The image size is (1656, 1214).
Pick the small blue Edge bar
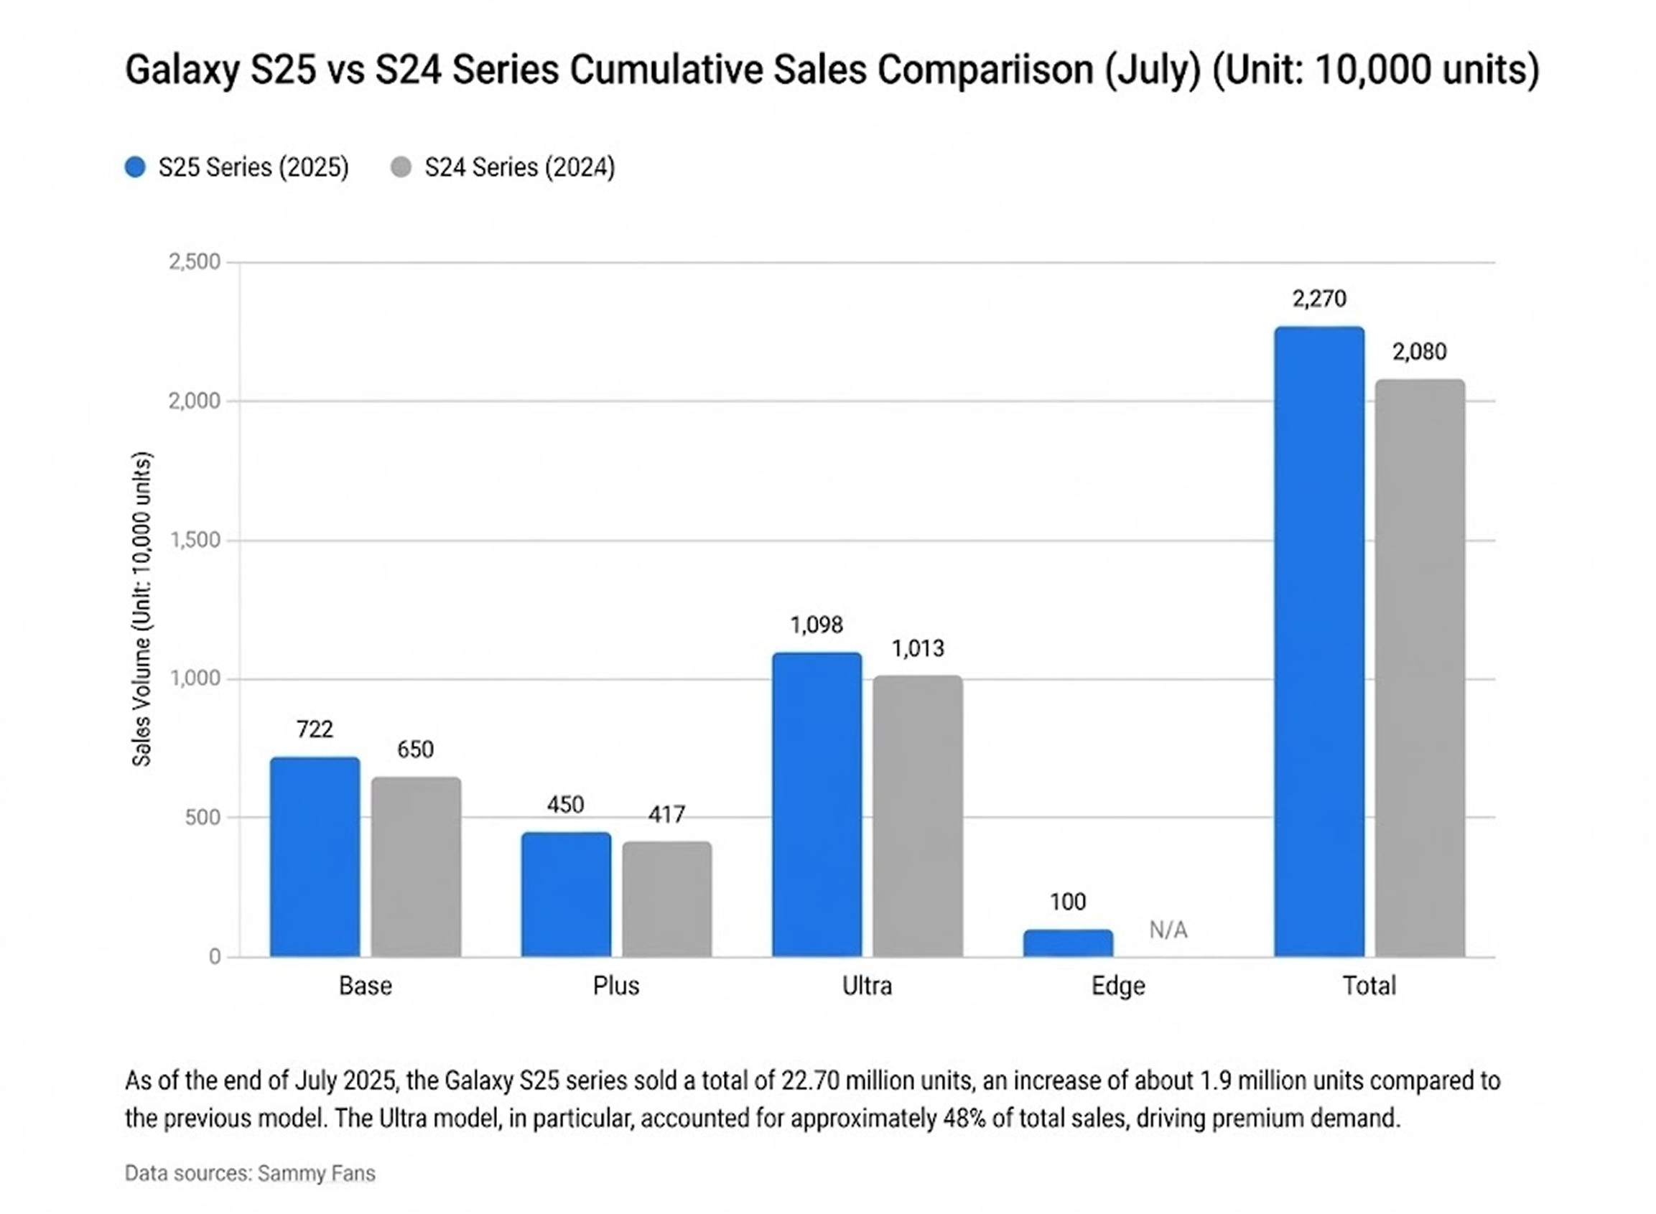(x=1068, y=943)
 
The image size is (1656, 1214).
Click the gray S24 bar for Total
(x=1419, y=668)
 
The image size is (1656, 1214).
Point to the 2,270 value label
(x=1319, y=299)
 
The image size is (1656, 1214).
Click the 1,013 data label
(x=918, y=648)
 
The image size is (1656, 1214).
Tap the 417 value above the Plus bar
(x=666, y=814)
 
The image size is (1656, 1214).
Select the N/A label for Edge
(x=1168, y=930)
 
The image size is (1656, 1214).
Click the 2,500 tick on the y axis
(x=195, y=261)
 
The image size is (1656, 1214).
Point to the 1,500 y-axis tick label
(x=195, y=540)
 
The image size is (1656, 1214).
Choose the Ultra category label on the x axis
(x=867, y=986)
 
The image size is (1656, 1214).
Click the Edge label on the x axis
(x=1118, y=986)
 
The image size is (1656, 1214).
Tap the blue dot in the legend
(x=135, y=167)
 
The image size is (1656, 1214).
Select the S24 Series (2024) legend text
(x=520, y=167)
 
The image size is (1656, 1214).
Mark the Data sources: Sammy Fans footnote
(x=250, y=1174)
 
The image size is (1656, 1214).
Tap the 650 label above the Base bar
(x=415, y=750)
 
